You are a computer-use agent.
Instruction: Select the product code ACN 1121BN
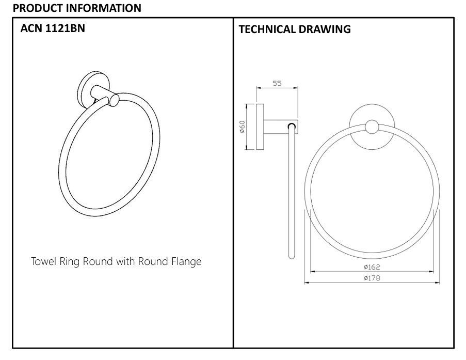click(53, 29)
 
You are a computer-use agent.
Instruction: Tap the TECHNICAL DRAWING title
click(295, 29)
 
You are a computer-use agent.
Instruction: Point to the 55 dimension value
click(277, 83)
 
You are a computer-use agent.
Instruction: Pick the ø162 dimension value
click(372, 267)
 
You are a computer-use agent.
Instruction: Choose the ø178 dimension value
click(372, 278)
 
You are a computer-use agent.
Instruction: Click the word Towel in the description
click(43, 261)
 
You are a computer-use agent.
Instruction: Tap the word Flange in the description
click(186, 261)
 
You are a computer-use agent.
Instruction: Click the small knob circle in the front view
click(372, 127)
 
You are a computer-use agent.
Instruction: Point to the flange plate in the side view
click(260, 127)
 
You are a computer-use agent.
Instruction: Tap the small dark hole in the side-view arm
click(292, 126)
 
